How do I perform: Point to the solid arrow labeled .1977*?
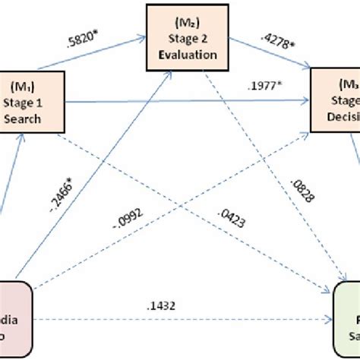[x=190, y=99]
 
